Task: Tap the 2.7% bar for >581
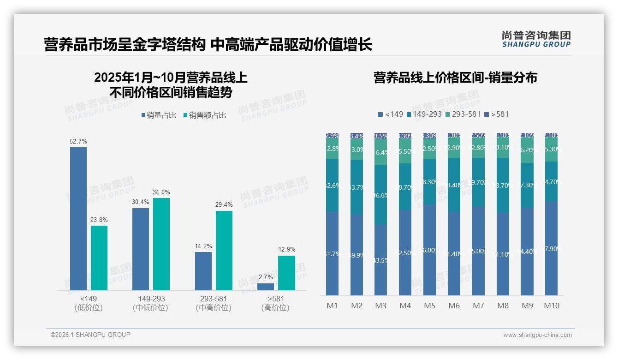pos(266,287)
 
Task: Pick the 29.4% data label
pos(224,204)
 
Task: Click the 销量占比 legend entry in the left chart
pos(159,115)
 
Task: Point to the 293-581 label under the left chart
pos(214,299)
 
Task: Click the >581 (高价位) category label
pos(275,303)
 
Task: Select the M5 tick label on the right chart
pos(430,306)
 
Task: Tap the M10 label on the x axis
pos(552,306)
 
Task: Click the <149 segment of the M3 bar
pos(381,260)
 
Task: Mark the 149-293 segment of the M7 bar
pos(478,182)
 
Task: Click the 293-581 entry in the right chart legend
pos(463,114)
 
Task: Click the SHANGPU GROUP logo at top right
pos(536,39)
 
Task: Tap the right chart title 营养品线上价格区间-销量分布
pos(455,78)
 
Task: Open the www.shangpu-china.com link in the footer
pos(537,335)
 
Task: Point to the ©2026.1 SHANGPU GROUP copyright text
pos(90,335)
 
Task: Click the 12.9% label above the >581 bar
pos(286,249)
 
